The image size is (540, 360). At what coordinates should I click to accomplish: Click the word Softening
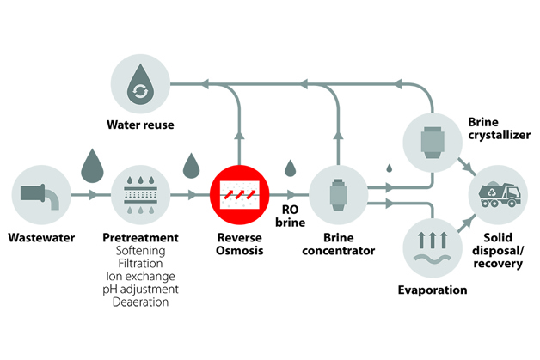[139, 251]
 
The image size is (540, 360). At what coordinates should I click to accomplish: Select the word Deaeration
[139, 302]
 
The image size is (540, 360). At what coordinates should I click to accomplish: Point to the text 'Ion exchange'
[139, 277]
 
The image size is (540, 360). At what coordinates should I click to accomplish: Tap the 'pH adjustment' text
[139, 290]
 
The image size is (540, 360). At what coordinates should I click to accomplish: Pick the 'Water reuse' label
[140, 125]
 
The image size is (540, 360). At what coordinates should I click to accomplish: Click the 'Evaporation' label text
[433, 290]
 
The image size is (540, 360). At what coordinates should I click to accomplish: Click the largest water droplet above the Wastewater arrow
[91, 165]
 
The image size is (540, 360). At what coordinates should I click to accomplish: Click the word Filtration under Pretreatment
[139, 264]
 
